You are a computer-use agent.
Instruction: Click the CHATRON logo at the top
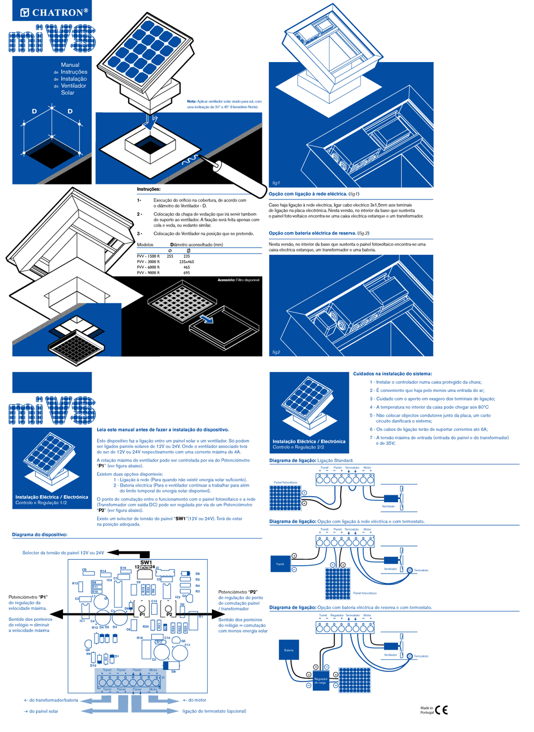pos(53,12)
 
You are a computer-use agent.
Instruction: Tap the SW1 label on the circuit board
pos(146,562)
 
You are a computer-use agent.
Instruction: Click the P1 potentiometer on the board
pos(142,609)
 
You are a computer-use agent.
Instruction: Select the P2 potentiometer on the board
pos(169,609)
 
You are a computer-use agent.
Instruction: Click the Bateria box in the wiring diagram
pos(289,650)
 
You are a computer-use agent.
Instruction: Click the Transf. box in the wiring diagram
pos(280,564)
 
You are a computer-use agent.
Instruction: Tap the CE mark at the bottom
pos(442,710)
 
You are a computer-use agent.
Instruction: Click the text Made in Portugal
pos(427,710)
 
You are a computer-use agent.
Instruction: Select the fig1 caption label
pos(276,183)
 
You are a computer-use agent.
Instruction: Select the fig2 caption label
pos(276,352)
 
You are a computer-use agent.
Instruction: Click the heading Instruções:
pos(148,189)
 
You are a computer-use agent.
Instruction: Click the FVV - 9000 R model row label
pos(148,273)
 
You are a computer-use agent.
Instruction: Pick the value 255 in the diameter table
pos(170,256)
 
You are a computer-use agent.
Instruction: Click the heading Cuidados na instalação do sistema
pos(392,374)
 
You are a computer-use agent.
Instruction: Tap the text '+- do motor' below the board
pos(194,700)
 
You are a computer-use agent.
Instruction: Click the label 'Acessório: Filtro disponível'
pos(238,280)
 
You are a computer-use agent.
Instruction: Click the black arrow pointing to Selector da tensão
pos(128,553)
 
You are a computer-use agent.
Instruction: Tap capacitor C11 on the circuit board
pos(187,645)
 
